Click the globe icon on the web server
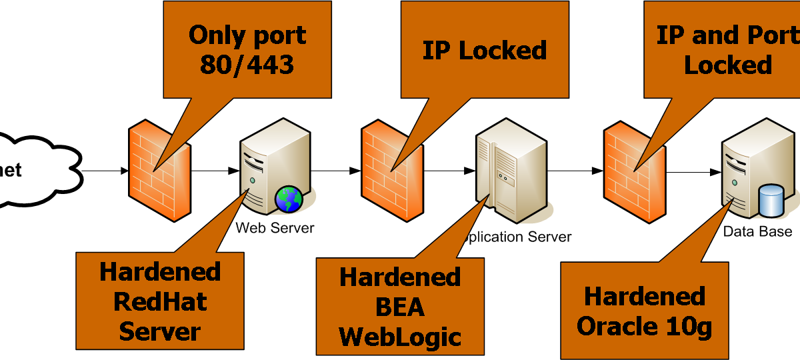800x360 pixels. click(x=288, y=199)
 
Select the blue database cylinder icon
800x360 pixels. click(x=772, y=201)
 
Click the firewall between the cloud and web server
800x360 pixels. click(x=159, y=167)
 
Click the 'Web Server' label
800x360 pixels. click(x=275, y=228)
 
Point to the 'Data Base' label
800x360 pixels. click(x=758, y=231)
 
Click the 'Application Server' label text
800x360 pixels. click(x=519, y=237)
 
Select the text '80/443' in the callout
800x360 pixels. click(x=248, y=65)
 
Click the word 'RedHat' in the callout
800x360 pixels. click(x=160, y=301)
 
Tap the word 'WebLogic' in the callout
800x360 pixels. click(x=400, y=337)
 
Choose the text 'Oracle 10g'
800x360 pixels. click(x=645, y=327)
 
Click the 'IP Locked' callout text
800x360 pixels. click(x=485, y=50)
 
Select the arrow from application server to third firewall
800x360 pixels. click(x=577, y=171)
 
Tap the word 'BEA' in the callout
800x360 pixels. click(x=400, y=307)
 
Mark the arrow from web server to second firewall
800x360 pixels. click(x=336, y=171)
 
